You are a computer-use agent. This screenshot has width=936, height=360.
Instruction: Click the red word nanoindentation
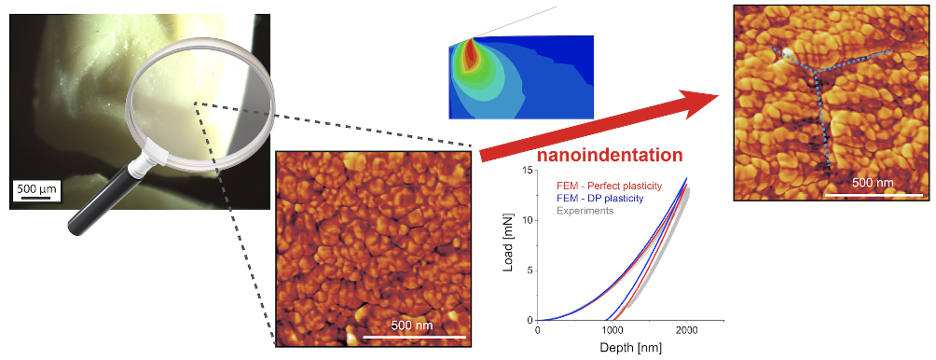pyautogui.click(x=610, y=156)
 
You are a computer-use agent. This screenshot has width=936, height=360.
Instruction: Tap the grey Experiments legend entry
pyautogui.click(x=585, y=210)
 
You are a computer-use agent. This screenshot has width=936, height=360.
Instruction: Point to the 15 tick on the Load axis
pyautogui.click(x=528, y=171)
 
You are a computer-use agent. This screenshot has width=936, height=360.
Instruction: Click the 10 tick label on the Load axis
pyautogui.click(x=528, y=221)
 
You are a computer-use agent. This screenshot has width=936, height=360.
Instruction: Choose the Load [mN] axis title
pyautogui.click(x=509, y=246)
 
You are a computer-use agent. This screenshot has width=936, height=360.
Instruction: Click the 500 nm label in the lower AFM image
pyautogui.click(x=412, y=325)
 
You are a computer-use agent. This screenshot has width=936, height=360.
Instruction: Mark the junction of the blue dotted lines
pyautogui.click(x=816, y=72)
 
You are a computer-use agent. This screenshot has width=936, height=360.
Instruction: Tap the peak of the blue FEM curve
pyautogui.click(x=687, y=178)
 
